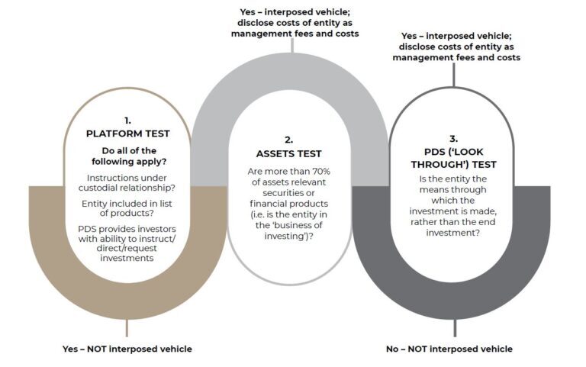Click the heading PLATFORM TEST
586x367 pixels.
tap(128, 134)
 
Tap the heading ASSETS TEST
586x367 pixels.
tap(289, 153)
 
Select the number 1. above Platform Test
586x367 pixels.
tap(128, 121)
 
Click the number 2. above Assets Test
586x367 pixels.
tap(289, 140)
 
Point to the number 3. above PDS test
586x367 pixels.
tap(453, 139)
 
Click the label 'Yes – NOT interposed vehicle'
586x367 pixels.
tap(127, 349)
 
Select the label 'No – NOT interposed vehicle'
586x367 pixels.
tap(449, 349)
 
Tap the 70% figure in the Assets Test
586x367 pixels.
tap(321, 171)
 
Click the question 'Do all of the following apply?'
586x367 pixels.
tap(129, 156)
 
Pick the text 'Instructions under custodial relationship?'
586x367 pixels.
tap(127, 183)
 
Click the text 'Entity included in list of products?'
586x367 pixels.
tap(127, 208)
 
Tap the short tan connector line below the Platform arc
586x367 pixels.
tap(127, 328)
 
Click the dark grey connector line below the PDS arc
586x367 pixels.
tap(455, 328)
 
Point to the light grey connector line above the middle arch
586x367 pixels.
tap(292, 45)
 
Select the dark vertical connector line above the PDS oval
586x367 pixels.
tap(454, 75)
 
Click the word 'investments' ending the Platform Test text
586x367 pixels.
tap(127, 258)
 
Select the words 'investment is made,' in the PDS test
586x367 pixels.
tap(453, 211)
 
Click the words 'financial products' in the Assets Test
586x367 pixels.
tap(289, 204)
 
